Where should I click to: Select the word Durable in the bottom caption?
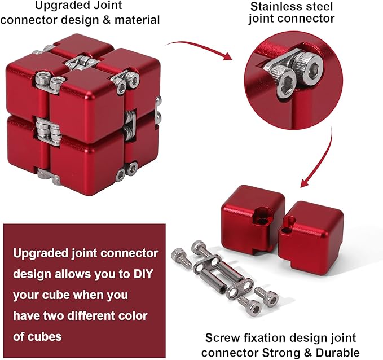337,353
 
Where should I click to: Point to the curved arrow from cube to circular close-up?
201,49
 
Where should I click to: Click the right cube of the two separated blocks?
315,234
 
